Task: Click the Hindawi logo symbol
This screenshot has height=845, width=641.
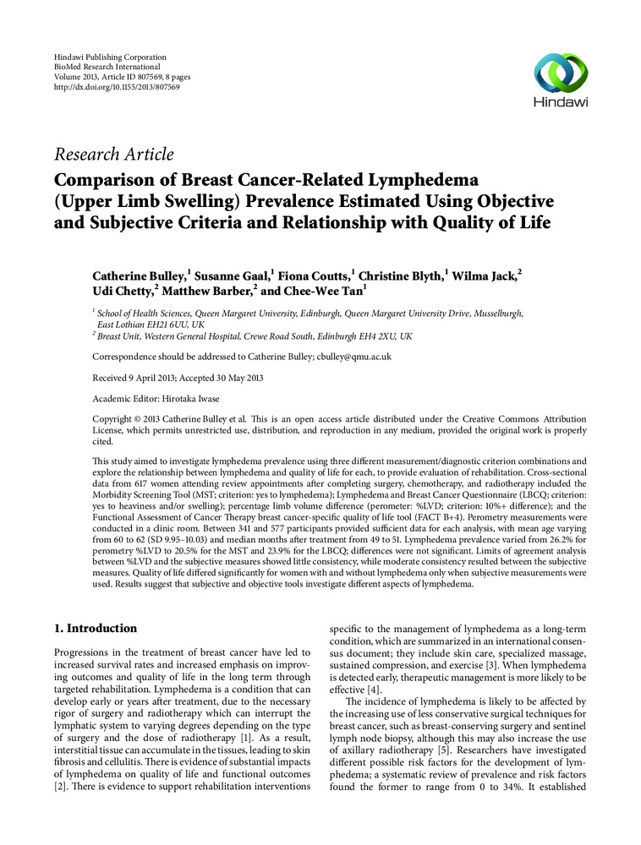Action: pos(562,72)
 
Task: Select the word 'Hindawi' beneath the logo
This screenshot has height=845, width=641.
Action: pos(562,102)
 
